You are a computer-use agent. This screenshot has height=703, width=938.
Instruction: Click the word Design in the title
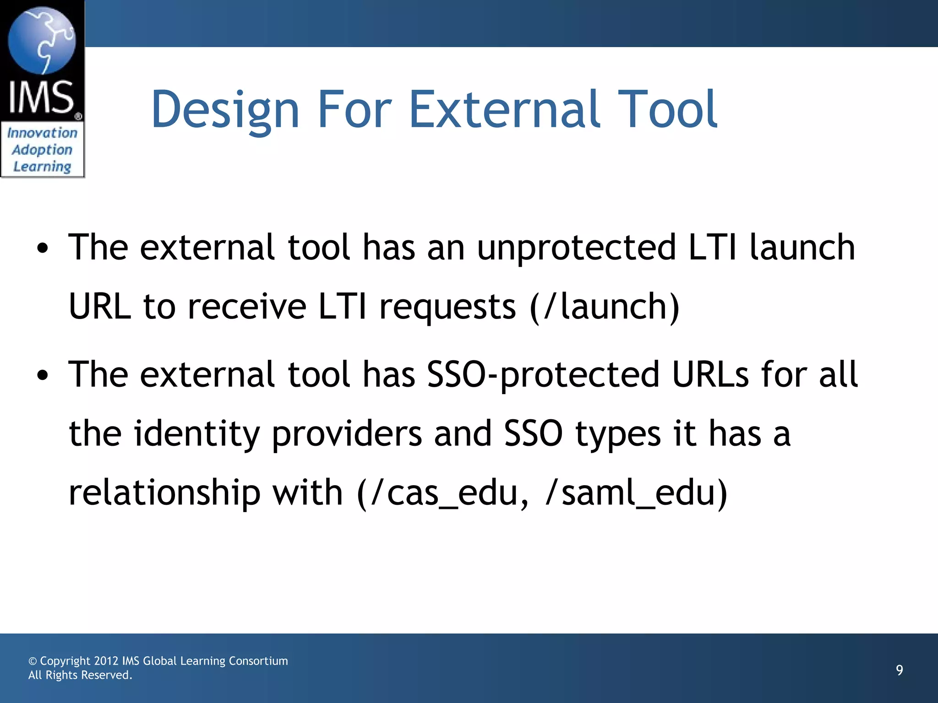tap(225, 110)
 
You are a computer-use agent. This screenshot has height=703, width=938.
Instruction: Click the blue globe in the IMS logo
tap(42, 40)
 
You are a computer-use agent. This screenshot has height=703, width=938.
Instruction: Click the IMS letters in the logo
tap(41, 97)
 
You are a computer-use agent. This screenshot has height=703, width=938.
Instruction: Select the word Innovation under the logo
tap(42, 133)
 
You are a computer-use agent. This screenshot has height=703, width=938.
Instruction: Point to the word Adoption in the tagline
tap(42, 150)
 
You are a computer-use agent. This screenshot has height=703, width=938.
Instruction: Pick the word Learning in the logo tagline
tap(42, 167)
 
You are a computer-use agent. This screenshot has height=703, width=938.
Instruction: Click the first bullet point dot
tap(43, 249)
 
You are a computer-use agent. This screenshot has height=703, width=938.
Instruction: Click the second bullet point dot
tap(43, 376)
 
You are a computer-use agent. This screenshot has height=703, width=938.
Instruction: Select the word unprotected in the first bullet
tap(576, 248)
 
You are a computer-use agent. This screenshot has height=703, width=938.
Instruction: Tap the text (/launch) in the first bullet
tap(604, 307)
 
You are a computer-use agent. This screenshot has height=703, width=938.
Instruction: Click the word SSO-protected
tap(543, 374)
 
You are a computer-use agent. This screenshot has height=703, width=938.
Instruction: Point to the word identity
tap(196, 434)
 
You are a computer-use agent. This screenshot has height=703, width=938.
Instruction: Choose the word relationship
tap(164, 492)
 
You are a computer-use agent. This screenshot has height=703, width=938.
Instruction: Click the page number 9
tap(899, 670)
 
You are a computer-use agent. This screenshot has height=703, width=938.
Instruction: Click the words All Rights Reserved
tap(80, 675)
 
